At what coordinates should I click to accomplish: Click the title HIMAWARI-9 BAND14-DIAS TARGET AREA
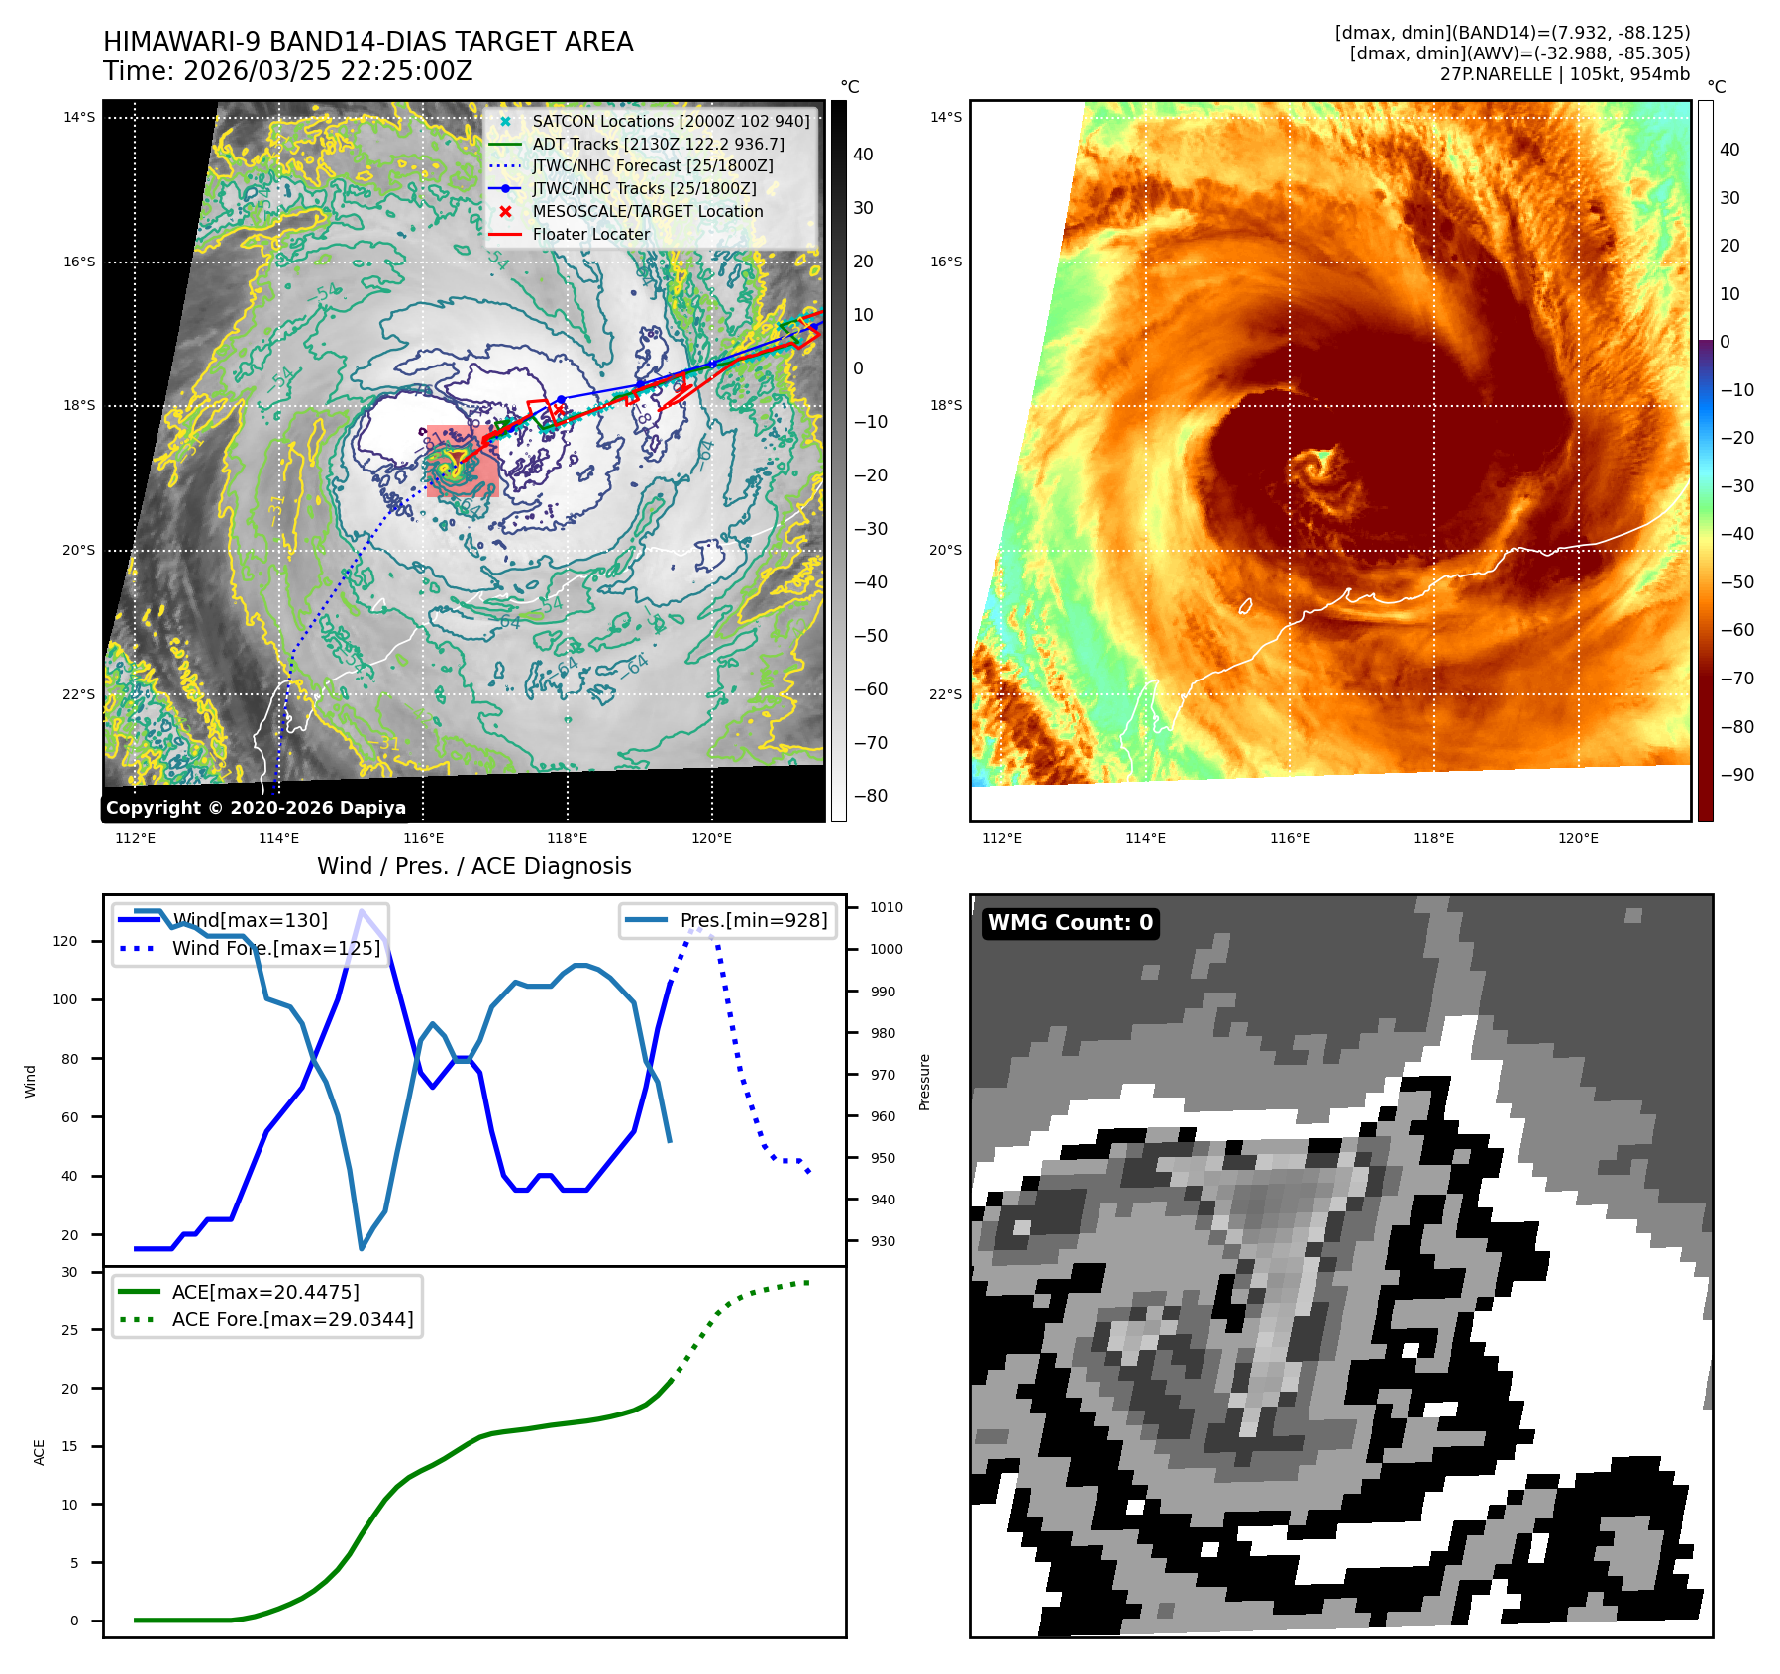coord(367,42)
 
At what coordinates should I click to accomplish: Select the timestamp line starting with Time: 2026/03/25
coord(287,71)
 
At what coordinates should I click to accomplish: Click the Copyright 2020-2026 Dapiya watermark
coord(256,808)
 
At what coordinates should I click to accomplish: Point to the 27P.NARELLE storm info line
coord(1564,74)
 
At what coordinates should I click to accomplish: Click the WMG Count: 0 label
coord(1070,923)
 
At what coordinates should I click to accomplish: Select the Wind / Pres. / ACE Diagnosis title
coord(473,866)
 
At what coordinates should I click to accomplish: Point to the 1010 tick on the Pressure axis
coord(886,907)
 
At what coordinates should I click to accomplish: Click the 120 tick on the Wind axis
coord(65,941)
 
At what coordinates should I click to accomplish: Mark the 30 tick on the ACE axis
coord(69,1272)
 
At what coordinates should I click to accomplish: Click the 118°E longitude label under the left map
coord(567,839)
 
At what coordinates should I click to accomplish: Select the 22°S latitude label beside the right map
coord(945,694)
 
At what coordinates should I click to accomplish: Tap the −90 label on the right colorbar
coord(1736,775)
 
